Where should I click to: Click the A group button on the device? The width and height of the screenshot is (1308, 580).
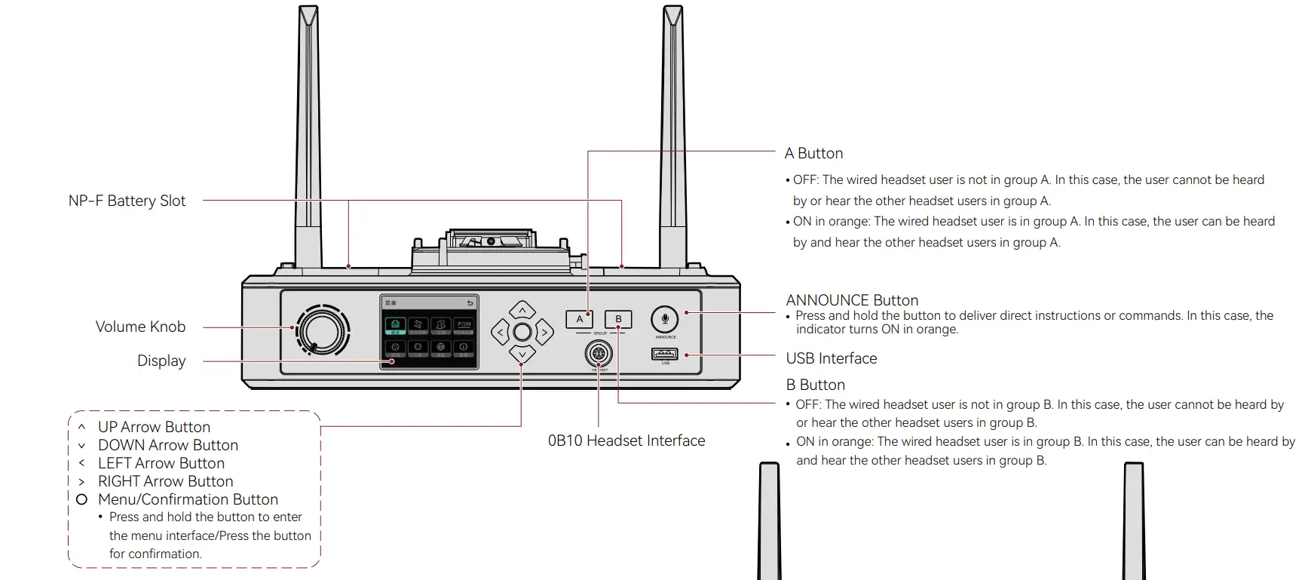point(579,319)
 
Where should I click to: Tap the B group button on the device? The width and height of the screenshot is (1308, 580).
point(618,319)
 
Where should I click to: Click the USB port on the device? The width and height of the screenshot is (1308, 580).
point(664,354)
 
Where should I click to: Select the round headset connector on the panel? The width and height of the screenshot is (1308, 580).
point(599,353)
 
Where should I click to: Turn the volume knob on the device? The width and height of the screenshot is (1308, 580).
point(323,330)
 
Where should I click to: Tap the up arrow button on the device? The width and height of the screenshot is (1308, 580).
point(522,310)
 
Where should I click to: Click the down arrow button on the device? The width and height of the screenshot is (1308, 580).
point(522,354)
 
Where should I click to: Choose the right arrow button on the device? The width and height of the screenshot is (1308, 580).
point(544,332)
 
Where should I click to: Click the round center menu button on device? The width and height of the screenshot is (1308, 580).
point(522,332)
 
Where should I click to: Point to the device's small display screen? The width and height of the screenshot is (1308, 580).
point(429,332)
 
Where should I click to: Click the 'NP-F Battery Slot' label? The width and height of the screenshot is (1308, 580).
point(127,201)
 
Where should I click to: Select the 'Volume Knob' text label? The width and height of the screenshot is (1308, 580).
point(140,327)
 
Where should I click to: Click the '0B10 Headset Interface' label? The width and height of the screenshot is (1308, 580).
point(626,440)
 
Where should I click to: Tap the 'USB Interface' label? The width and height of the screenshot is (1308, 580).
point(832,358)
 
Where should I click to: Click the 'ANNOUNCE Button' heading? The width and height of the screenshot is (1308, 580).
point(852,300)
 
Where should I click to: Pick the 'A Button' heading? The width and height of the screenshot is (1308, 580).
point(813,153)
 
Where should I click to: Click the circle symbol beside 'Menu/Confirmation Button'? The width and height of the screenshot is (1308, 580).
point(81,499)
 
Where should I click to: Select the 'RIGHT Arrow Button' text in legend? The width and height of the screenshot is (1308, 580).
point(165,481)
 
